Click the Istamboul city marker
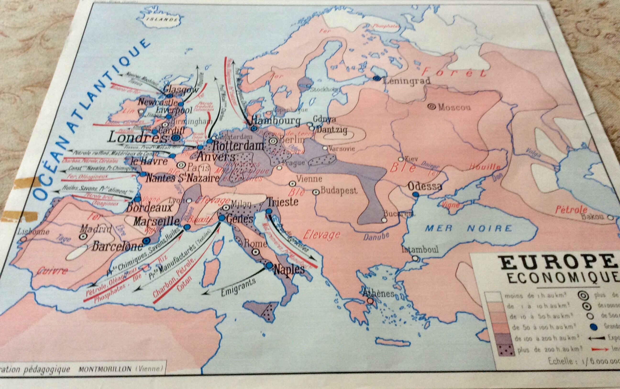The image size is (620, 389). pyautogui.click(x=415, y=258)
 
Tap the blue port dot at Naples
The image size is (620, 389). pyautogui.click(x=269, y=265)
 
